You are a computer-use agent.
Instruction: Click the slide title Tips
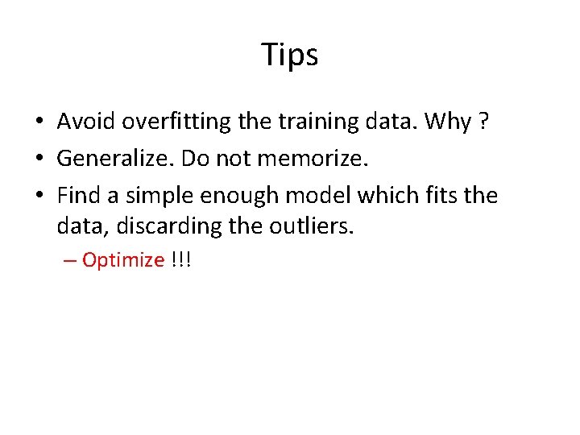tap(290, 56)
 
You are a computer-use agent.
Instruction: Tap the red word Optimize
tap(122, 261)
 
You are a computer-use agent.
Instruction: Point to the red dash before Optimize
tap(71, 261)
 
